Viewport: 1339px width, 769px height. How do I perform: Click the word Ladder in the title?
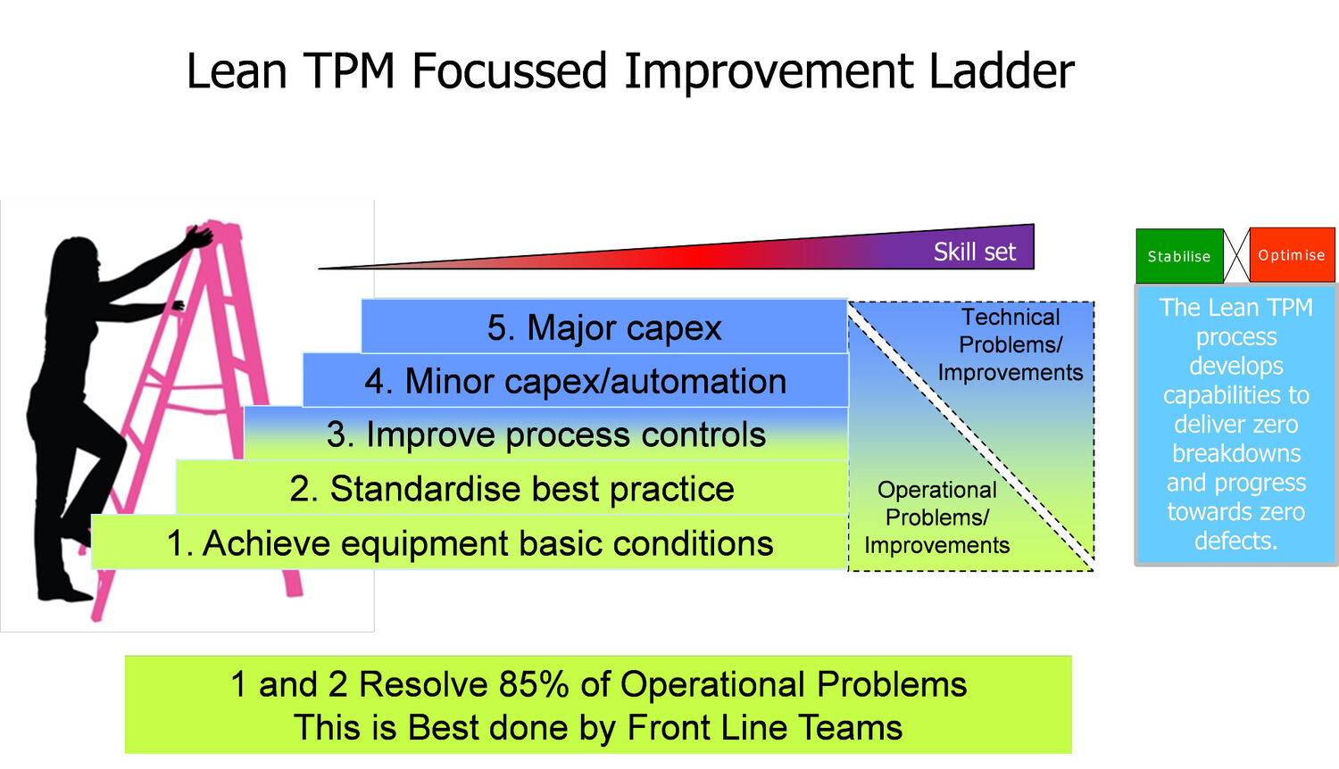pyautogui.click(x=1002, y=70)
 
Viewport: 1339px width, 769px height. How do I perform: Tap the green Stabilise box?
pyautogui.click(x=1179, y=256)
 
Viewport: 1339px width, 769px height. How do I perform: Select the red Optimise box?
pyautogui.click(x=1292, y=255)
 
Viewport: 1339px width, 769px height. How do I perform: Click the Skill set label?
pyautogui.click(x=975, y=252)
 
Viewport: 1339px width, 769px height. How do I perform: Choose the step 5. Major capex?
pyautogui.click(x=604, y=327)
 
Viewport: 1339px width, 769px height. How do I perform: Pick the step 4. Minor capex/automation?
pyautogui.click(x=575, y=380)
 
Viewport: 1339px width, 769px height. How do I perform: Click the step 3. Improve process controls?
pyautogui.click(x=545, y=434)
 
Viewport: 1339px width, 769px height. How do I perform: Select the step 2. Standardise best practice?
pyautogui.click(x=511, y=488)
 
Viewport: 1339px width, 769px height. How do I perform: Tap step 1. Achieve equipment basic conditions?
pyautogui.click(x=470, y=542)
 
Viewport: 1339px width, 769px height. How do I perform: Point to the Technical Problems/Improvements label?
pyautogui.click(x=1010, y=344)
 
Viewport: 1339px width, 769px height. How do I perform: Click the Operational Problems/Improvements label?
pyautogui.click(x=936, y=517)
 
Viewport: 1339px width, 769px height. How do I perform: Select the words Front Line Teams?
pyautogui.click(x=764, y=727)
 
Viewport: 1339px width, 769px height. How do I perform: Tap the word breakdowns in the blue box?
pyautogui.click(x=1236, y=453)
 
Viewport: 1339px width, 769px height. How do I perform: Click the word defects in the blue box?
pyautogui.click(x=1235, y=540)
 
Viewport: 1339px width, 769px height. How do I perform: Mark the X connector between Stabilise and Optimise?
pyautogui.click(x=1236, y=255)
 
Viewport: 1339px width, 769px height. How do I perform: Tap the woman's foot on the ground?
pyautogui.click(x=62, y=593)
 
